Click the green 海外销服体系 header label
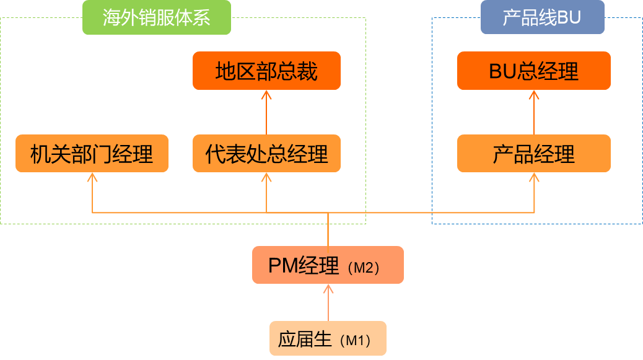pyautogui.click(x=157, y=17)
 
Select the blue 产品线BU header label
pyautogui.click(x=542, y=17)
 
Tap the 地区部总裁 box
pyautogui.click(x=266, y=71)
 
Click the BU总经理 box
pyautogui.click(x=534, y=71)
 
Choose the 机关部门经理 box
pyautogui.click(x=92, y=153)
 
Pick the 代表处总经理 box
pyautogui.click(x=266, y=153)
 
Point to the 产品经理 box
pyautogui.click(x=534, y=153)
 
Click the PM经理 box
pyautogui.click(x=328, y=265)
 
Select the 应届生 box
pyautogui.click(x=328, y=338)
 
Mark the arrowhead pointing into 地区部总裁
pyautogui.click(x=266, y=95)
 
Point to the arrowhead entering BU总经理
pyautogui.click(x=534, y=94)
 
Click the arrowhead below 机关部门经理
pyautogui.click(x=92, y=177)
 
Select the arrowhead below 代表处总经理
pyautogui.click(x=266, y=177)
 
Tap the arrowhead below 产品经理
pyautogui.click(x=534, y=177)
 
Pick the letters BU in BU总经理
pyautogui.click(x=501, y=71)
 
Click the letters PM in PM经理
pyautogui.click(x=282, y=265)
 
